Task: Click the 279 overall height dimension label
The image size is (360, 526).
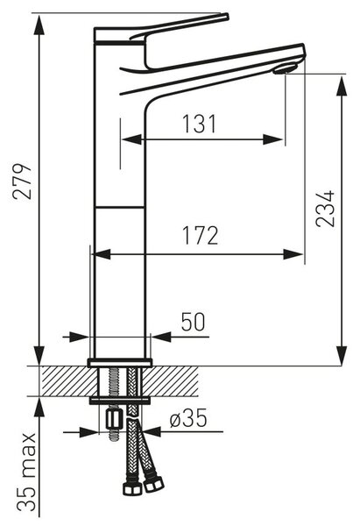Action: point(23,181)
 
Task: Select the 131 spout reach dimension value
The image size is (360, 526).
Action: point(199,124)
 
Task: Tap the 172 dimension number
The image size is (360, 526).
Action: point(200,235)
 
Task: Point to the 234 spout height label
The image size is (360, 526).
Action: point(325,209)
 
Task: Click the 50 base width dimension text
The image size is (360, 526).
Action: point(193,322)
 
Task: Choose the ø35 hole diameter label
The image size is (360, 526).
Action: point(188,418)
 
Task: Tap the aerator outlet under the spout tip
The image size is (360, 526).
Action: point(285,68)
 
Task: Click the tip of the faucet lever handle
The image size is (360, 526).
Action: point(227,16)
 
